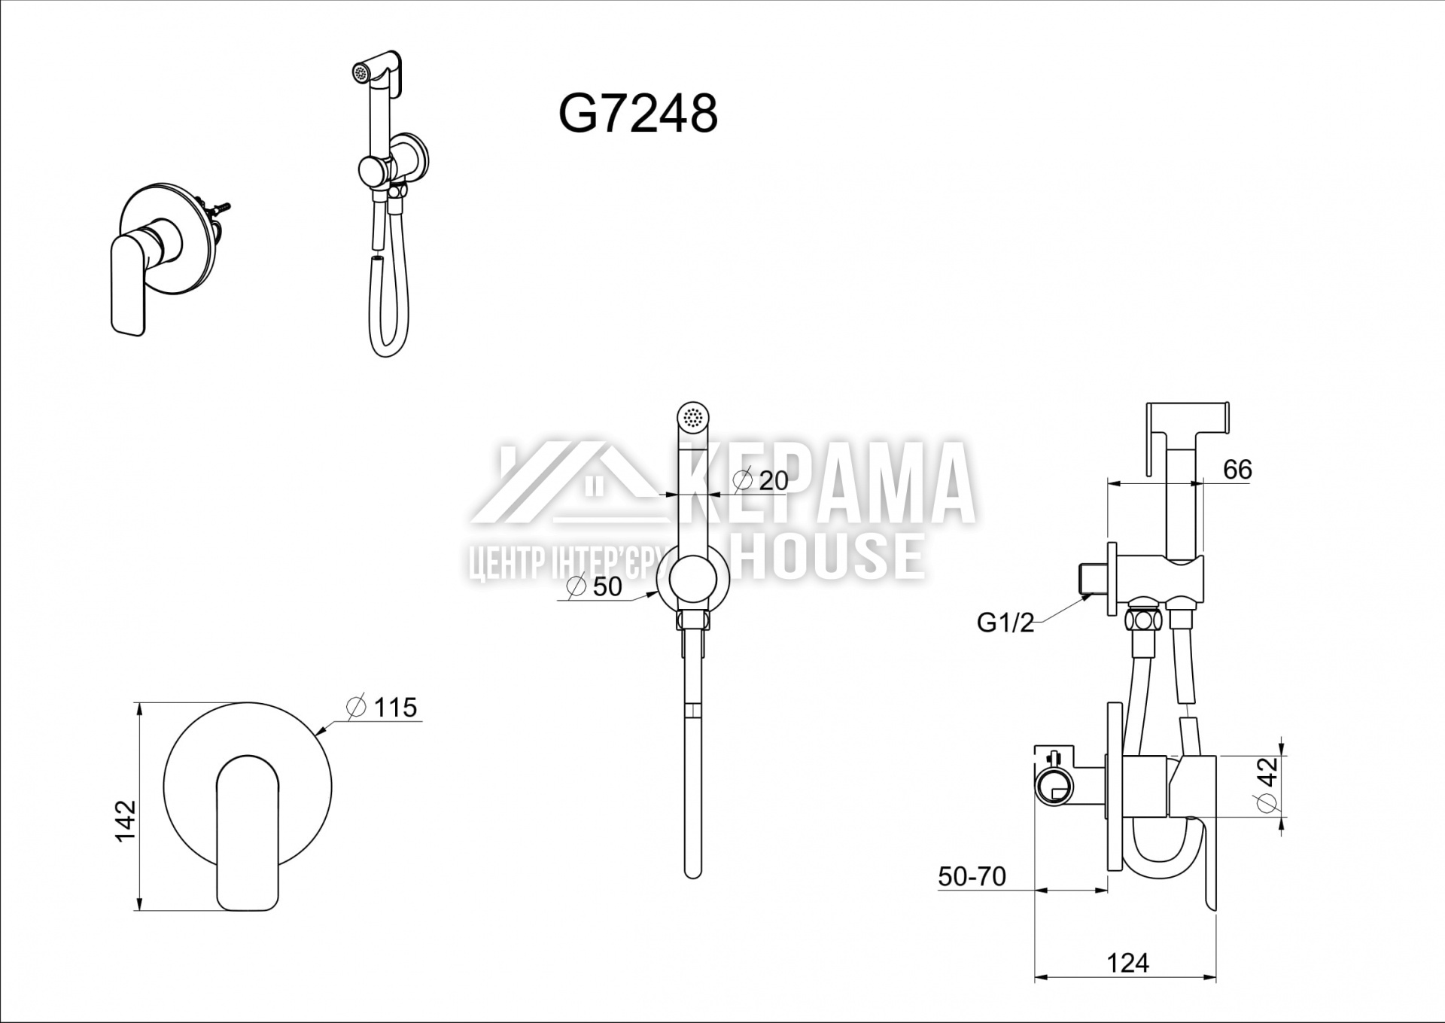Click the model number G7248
point(638,115)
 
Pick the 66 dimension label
point(1237,470)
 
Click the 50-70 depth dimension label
point(972,876)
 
